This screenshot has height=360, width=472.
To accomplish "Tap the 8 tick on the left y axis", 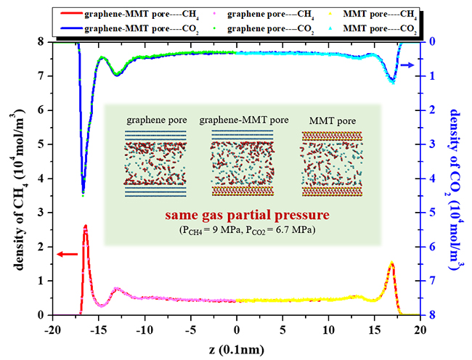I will (x=41, y=42).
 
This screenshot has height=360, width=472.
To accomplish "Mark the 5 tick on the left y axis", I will (x=41, y=144).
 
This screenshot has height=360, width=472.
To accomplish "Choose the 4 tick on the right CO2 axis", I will (x=432, y=179).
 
